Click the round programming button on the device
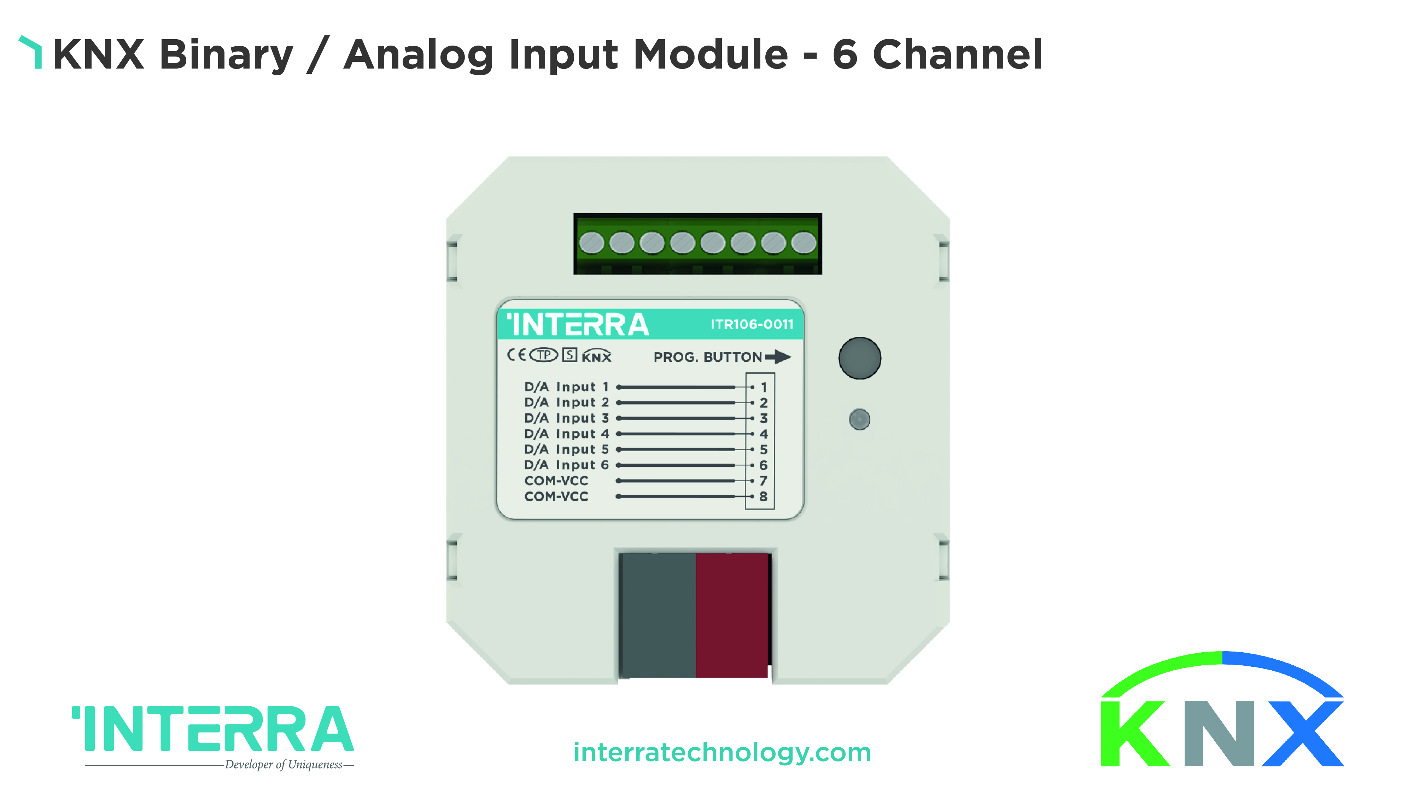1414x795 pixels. coord(860,358)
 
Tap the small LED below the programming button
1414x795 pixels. coord(860,420)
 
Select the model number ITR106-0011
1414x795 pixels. coord(752,324)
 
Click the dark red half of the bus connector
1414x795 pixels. coord(732,615)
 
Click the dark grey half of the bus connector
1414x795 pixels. coord(658,615)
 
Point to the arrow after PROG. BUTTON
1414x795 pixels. coord(778,357)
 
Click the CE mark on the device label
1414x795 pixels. coord(516,355)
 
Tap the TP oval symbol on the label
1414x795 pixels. coord(543,355)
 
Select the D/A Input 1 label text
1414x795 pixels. coord(566,387)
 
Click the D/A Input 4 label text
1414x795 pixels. coord(566,434)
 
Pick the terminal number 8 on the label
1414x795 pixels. coord(763,496)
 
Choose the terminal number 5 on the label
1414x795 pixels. coord(763,450)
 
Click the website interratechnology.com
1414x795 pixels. coord(722,753)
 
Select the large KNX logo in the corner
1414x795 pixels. coord(1222,709)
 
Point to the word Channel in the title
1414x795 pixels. coord(957,54)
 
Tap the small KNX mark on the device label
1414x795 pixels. coord(597,355)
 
